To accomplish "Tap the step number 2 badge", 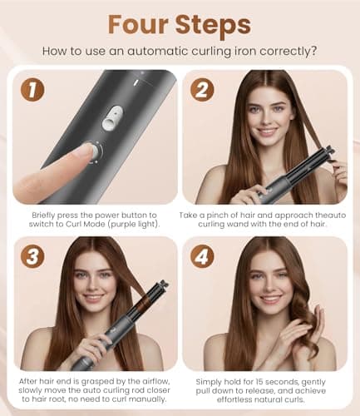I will (203, 89).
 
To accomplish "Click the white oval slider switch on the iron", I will (110, 121).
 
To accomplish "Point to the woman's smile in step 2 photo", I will (267, 131).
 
